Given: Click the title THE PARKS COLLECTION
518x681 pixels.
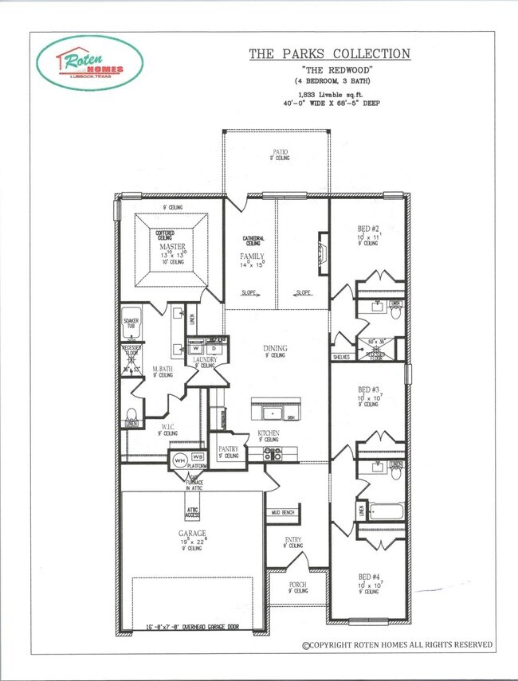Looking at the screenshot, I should point(330,54).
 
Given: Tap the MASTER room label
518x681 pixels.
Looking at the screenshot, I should point(172,246).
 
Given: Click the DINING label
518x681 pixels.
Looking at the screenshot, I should point(276,348).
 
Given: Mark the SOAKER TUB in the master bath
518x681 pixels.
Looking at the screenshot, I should point(131,325).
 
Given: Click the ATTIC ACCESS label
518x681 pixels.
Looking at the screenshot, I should point(193,512).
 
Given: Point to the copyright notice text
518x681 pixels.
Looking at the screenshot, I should point(396,644).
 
